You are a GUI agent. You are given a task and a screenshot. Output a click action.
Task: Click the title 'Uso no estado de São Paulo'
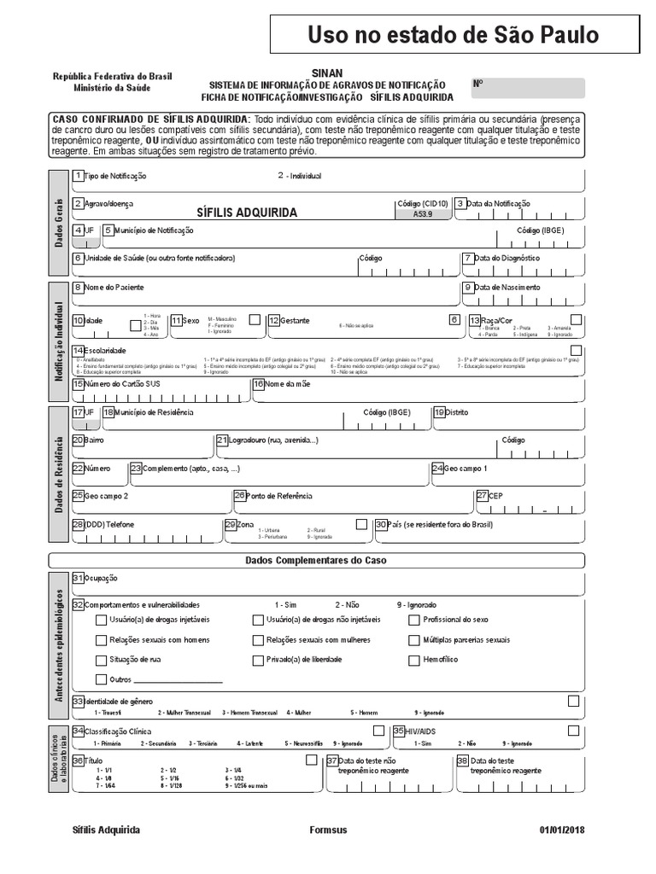[453, 35]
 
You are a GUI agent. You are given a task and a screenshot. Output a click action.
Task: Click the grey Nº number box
[528, 88]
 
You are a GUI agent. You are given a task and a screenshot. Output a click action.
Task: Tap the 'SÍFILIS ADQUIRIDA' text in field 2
[247, 213]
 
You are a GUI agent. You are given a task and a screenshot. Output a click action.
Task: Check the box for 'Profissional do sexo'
[414, 620]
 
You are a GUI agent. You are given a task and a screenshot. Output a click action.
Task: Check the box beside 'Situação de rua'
[102, 660]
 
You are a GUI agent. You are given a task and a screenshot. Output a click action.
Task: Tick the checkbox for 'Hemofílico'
[414, 660]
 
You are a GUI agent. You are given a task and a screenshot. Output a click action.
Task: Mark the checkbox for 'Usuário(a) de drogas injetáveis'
[102, 620]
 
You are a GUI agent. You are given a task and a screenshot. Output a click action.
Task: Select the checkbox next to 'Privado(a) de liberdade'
[258, 660]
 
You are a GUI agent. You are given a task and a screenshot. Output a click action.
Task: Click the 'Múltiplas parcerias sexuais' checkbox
[414, 640]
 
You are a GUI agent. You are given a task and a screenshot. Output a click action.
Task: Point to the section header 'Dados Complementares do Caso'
[316, 561]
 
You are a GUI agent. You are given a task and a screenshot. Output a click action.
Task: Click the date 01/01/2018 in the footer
[562, 830]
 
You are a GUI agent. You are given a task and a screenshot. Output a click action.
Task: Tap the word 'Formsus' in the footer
[328, 830]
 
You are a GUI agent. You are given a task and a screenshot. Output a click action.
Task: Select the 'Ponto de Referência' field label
[278, 495]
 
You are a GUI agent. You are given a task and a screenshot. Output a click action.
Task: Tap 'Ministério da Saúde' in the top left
[113, 88]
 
